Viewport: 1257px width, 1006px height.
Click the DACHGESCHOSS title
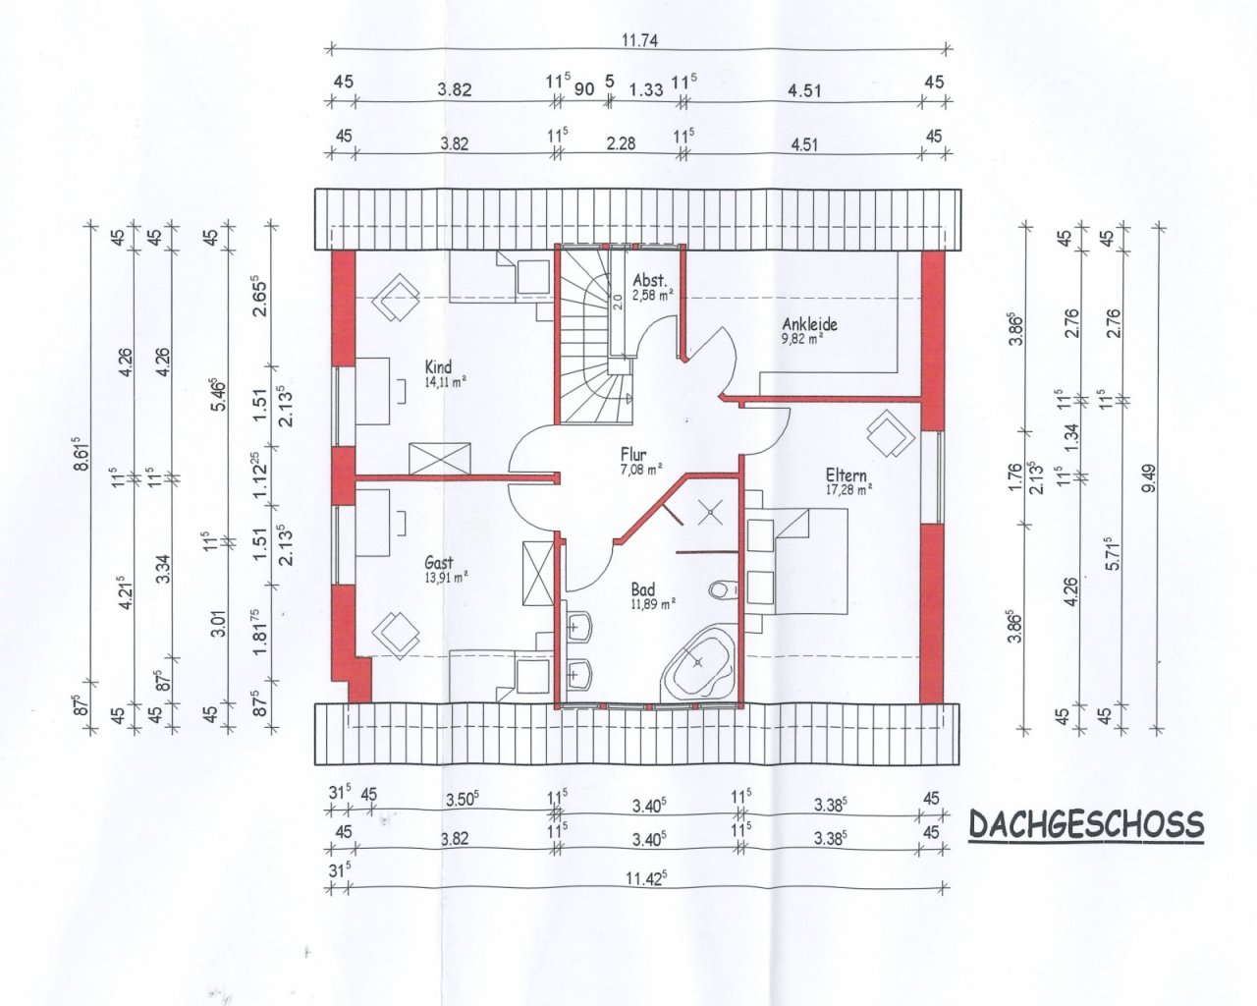[x=1086, y=824]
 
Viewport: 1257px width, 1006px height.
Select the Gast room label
[x=438, y=562]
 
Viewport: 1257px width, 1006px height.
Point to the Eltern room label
[x=846, y=475]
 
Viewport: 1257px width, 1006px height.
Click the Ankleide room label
[x=809, y=323]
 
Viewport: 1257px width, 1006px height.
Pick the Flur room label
[x=633, y=454]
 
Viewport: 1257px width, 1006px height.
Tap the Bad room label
[x=642, y=588]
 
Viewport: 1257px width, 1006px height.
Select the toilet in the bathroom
[x=721, y=590]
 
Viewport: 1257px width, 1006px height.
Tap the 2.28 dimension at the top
[x=621, y=143]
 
